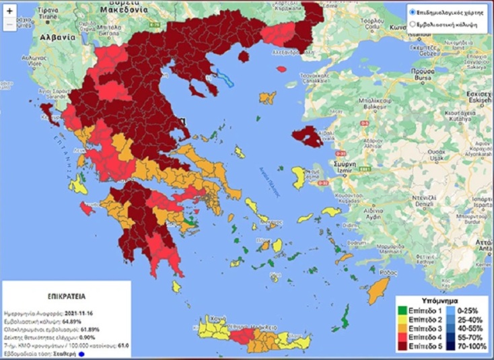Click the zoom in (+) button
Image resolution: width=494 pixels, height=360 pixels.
click(x=9, y=11)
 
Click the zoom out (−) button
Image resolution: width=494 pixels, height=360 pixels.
click(x=9, y=24)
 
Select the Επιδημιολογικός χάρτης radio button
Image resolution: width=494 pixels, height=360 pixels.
click(x=413, y=12)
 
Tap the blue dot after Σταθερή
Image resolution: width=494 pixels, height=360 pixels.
click(x=81, y=353)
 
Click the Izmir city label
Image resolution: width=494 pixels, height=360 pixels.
click(x=345, y=171)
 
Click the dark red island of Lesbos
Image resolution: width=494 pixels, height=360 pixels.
click(x=311, y=135)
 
